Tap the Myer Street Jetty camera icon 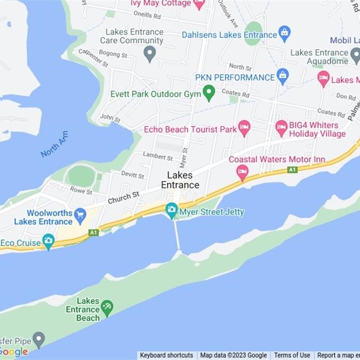tap(171, 209)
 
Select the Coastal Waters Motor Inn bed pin tap(243, 171)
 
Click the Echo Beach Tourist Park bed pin tap(244, 127)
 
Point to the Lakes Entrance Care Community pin tap(149, 54)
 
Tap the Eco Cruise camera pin tap(48, 240)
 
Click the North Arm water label tap(54, 144)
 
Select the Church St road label tap(123, 197)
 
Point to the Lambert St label tap(157, 157)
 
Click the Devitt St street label tap(132, 175)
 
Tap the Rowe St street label tap(81, 190)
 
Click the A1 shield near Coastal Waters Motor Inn tap(292, 169)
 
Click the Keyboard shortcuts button tap(166, 355)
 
